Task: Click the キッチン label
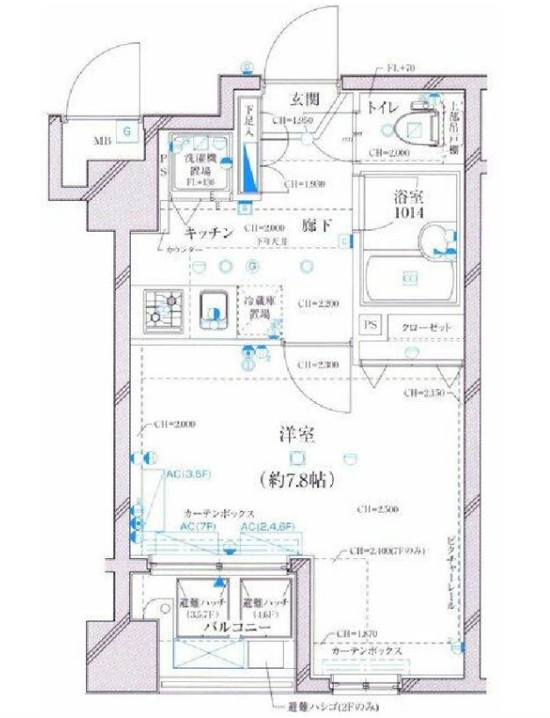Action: pos(208,233)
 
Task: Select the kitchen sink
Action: pos(211,308)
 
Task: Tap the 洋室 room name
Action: pos(296,434)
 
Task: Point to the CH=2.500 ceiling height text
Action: pos(378,509)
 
